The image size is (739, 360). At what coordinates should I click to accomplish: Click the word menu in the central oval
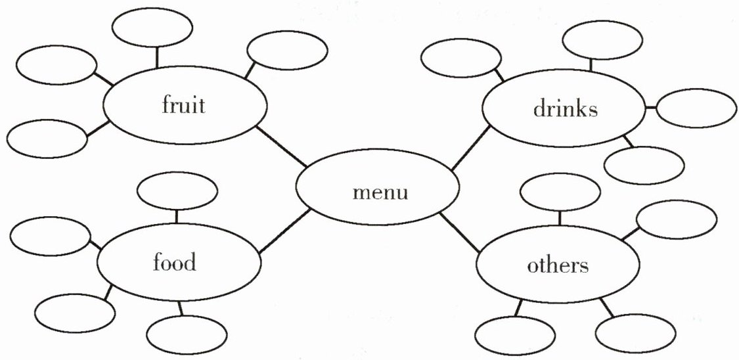click(380, 193)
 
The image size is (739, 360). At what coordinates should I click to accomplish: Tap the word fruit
click(183, 106)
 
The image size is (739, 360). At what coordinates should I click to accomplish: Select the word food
click(174, 263)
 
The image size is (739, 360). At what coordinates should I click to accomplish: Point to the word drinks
click(566, 109)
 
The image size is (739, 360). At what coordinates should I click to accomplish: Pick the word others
click(558, 266)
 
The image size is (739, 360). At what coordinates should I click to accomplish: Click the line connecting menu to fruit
click(281, 146)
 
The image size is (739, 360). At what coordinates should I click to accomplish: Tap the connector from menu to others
click(460, 233)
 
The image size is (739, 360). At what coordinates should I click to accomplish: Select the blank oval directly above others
click(560, 191)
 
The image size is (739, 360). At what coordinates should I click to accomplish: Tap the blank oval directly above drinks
click(602, 39)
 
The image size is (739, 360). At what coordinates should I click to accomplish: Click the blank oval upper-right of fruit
click(287, 51)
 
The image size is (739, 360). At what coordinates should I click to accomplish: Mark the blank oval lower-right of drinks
click(643, 165)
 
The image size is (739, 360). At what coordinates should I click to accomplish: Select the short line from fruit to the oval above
click(156, 58)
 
